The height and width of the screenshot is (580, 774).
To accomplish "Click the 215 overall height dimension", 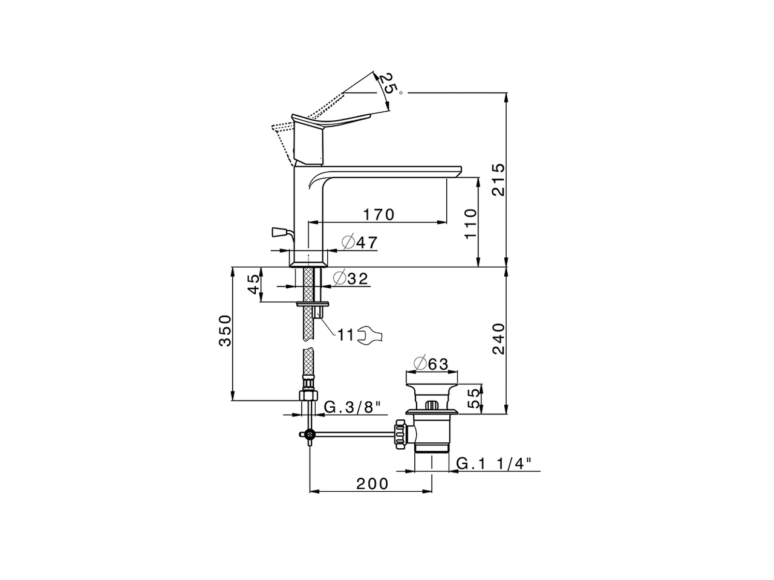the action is click(x=499, y=179).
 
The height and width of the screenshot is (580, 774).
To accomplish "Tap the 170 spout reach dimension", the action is click(x=379, y=214).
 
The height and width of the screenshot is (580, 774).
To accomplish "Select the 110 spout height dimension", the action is click(x=470, y=224).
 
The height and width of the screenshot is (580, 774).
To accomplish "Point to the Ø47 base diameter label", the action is click(x=360, y=242).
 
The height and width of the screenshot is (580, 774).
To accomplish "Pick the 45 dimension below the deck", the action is click(x=253, y=285).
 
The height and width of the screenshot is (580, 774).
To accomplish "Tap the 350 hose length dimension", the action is click(x=226, y=330).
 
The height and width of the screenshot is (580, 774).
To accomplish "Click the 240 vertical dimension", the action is click(x=499, y=339).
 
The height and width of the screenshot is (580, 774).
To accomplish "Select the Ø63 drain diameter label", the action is click(x=431, y=364).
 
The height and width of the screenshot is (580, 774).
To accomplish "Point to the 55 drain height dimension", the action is click(x=475, y=398).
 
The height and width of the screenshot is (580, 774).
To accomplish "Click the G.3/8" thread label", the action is click(x=353, y=407).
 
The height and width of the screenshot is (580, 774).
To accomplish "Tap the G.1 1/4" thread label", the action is click(x=493, y=464).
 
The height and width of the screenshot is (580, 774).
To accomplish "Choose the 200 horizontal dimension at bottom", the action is click(x=372, y=484).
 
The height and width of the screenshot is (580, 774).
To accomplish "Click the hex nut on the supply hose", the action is click(x=308, y=395).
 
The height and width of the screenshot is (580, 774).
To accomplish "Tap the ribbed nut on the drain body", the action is click(x=400, y=434).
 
